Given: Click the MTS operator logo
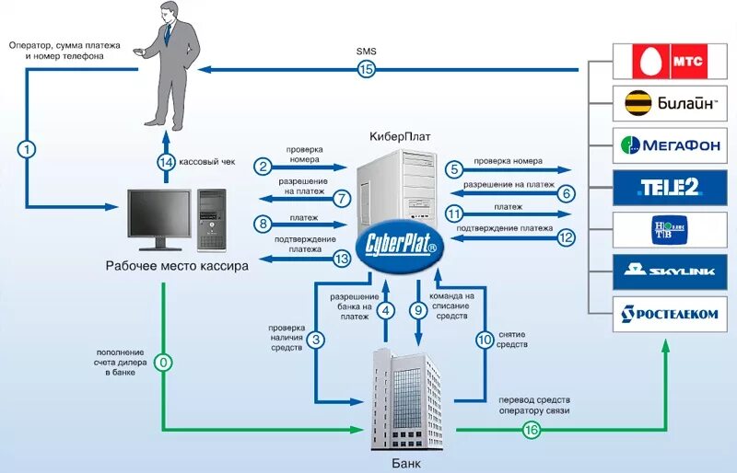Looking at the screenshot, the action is pos(670,62).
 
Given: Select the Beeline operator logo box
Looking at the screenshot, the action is pos(670,103).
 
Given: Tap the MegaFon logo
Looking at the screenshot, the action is pos(670,145).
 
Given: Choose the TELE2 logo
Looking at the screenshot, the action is pos(670,188).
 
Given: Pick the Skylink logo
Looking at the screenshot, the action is pos(670,272).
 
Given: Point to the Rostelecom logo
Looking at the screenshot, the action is pos(670,314).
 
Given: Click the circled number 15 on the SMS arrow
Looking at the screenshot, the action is pos(366,70).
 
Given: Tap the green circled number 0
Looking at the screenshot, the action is pos(164,363).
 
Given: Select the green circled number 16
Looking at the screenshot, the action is pos(532,430).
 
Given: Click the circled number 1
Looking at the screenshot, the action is pos(27,150).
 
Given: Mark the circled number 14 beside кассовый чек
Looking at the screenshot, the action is pos(166,163).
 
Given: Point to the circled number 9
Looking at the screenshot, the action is pos(418,310).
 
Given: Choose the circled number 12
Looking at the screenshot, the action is pos(567,237).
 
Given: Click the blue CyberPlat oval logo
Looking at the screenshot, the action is pos(400,246).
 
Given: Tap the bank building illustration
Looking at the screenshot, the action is pos(406,399).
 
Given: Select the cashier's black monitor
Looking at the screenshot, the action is pos(159,220).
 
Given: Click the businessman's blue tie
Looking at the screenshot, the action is pos(168,34).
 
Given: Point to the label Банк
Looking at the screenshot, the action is pos(406,464).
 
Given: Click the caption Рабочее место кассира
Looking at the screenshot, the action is pos(177,266).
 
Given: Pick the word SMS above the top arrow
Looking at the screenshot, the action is pos(366,52).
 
